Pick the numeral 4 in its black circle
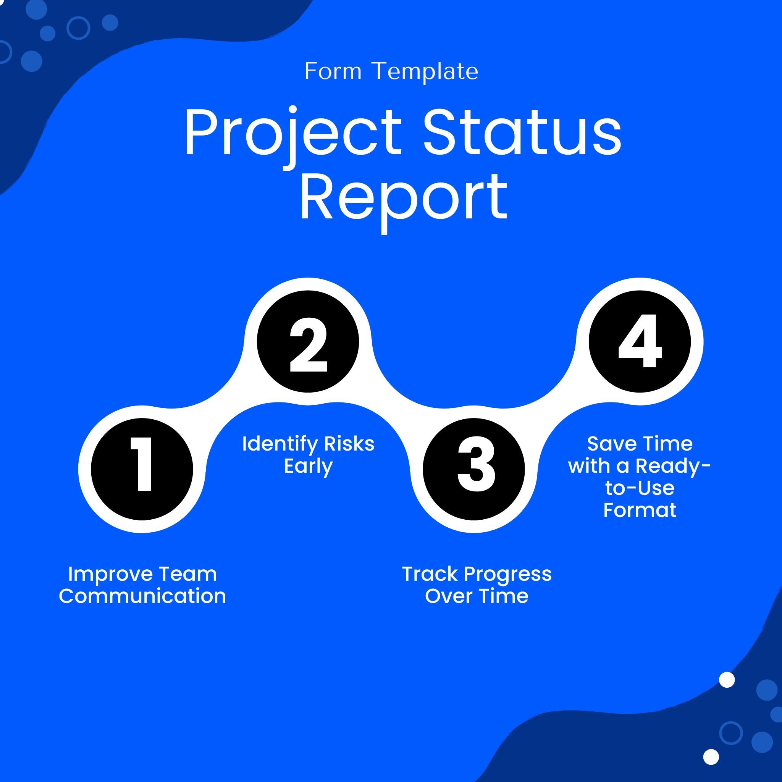pos(640,342)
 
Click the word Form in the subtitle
pos(333,72)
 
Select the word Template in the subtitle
pos(425,72)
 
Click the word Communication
pos(142,596)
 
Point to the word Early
pos(308,466)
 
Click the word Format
pos(640,510)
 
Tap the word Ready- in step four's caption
pos(673,466)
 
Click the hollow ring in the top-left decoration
pos(78,27)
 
